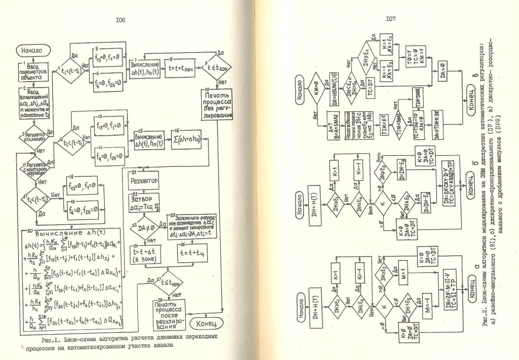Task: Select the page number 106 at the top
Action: tap(120, 20)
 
